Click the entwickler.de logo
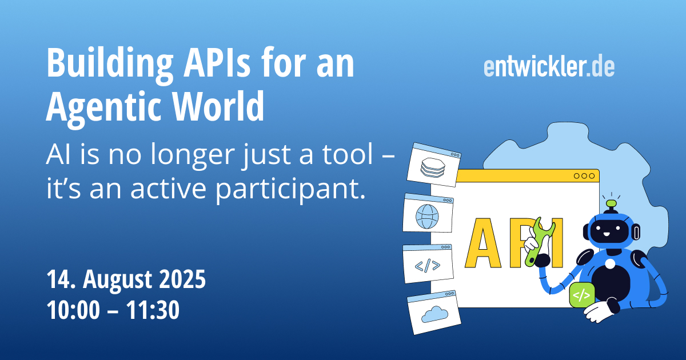coord(549,67)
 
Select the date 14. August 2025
coord(126,280)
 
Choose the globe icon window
coord(428,214)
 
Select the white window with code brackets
coord(428,263)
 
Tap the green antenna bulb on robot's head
coord(611,203)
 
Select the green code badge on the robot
coord(581,295)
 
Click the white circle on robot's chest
coord(610,264)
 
